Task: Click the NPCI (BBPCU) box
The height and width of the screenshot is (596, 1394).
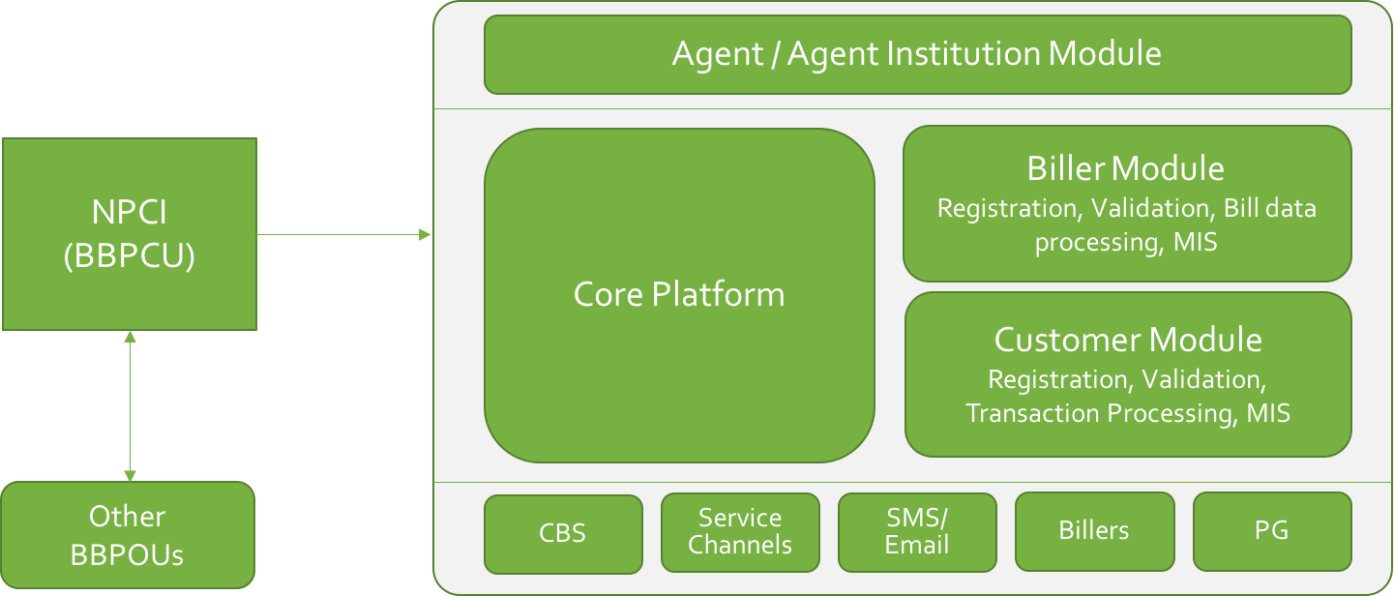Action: click(x=130, y=234)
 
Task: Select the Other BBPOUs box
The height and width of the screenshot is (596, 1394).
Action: click(x=128, y=535)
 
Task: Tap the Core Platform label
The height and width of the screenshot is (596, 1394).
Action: click(x=679, y=294)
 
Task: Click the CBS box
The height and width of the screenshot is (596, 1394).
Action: click(x=563, y=534)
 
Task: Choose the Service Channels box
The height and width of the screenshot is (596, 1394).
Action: click(x=740, y=532)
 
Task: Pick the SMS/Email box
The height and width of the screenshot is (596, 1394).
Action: click(x=917, y=532)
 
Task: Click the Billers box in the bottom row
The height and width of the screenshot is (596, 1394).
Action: click(x=1095, y=531)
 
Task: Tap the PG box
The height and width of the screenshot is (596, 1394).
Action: click(x=1272, y=531)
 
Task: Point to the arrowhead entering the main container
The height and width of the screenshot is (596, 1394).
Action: click(x=425, y=234)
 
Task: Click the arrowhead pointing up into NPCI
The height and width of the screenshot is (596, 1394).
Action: click(x=130, y=337)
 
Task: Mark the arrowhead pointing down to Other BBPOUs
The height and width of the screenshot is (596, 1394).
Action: click(x=130, y=476)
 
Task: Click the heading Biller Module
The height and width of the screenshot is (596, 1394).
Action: click(x=1126, y=168)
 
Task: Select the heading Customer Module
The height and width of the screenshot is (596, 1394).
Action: click(x=1128, y=340)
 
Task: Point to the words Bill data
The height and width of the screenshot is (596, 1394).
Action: click(x=1269, y=208)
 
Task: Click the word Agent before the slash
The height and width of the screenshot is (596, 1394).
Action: click(x=718, y=54)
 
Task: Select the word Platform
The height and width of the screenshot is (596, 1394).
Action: click(x=718, y=294)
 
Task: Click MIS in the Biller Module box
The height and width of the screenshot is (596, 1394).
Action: click(x=1196, y=242)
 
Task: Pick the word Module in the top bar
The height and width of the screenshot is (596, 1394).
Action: click(x=1105, y=53)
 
